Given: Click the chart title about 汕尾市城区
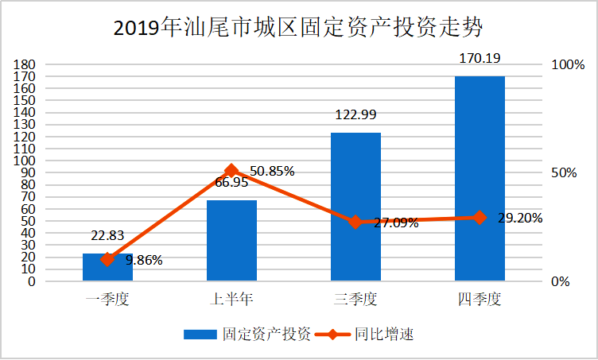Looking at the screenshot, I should pos(298,28).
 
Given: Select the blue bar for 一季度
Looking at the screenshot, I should pos(107,268).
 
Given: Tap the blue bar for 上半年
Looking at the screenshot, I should pos(231,241).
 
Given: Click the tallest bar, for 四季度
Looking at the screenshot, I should pos(480,178).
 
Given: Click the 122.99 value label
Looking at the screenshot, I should pos(355,114).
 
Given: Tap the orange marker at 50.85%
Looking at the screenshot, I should pos(231,170).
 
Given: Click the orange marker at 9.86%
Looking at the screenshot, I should pos(107,259).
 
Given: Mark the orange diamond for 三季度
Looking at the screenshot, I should pos(355,222).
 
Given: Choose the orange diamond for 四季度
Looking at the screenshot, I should pos(480,217).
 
